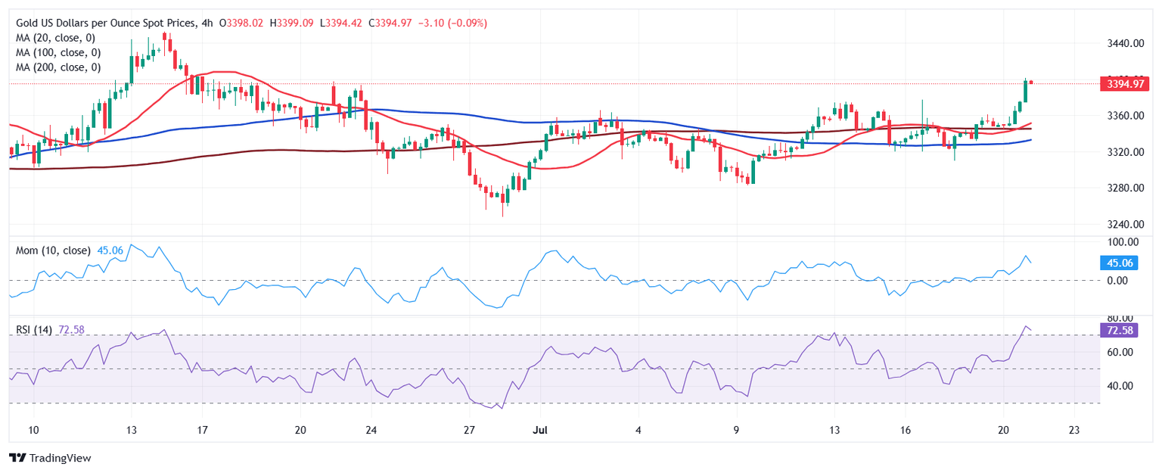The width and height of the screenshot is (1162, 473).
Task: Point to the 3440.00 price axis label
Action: [x=1122, y=43]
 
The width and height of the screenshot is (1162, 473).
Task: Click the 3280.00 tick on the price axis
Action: [x=1122, y=188]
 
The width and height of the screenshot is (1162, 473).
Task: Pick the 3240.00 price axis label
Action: [x=1122, y=224]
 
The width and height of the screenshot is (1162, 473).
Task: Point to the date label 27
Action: [x=469, y=430]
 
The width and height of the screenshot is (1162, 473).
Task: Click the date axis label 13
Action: [x=834, y=430]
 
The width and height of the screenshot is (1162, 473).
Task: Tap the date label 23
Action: [x=1073, y=430]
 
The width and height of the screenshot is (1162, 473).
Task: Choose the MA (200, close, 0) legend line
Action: [x=58, y=67]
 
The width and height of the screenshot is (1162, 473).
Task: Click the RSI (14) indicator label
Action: [x=34, y=330]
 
